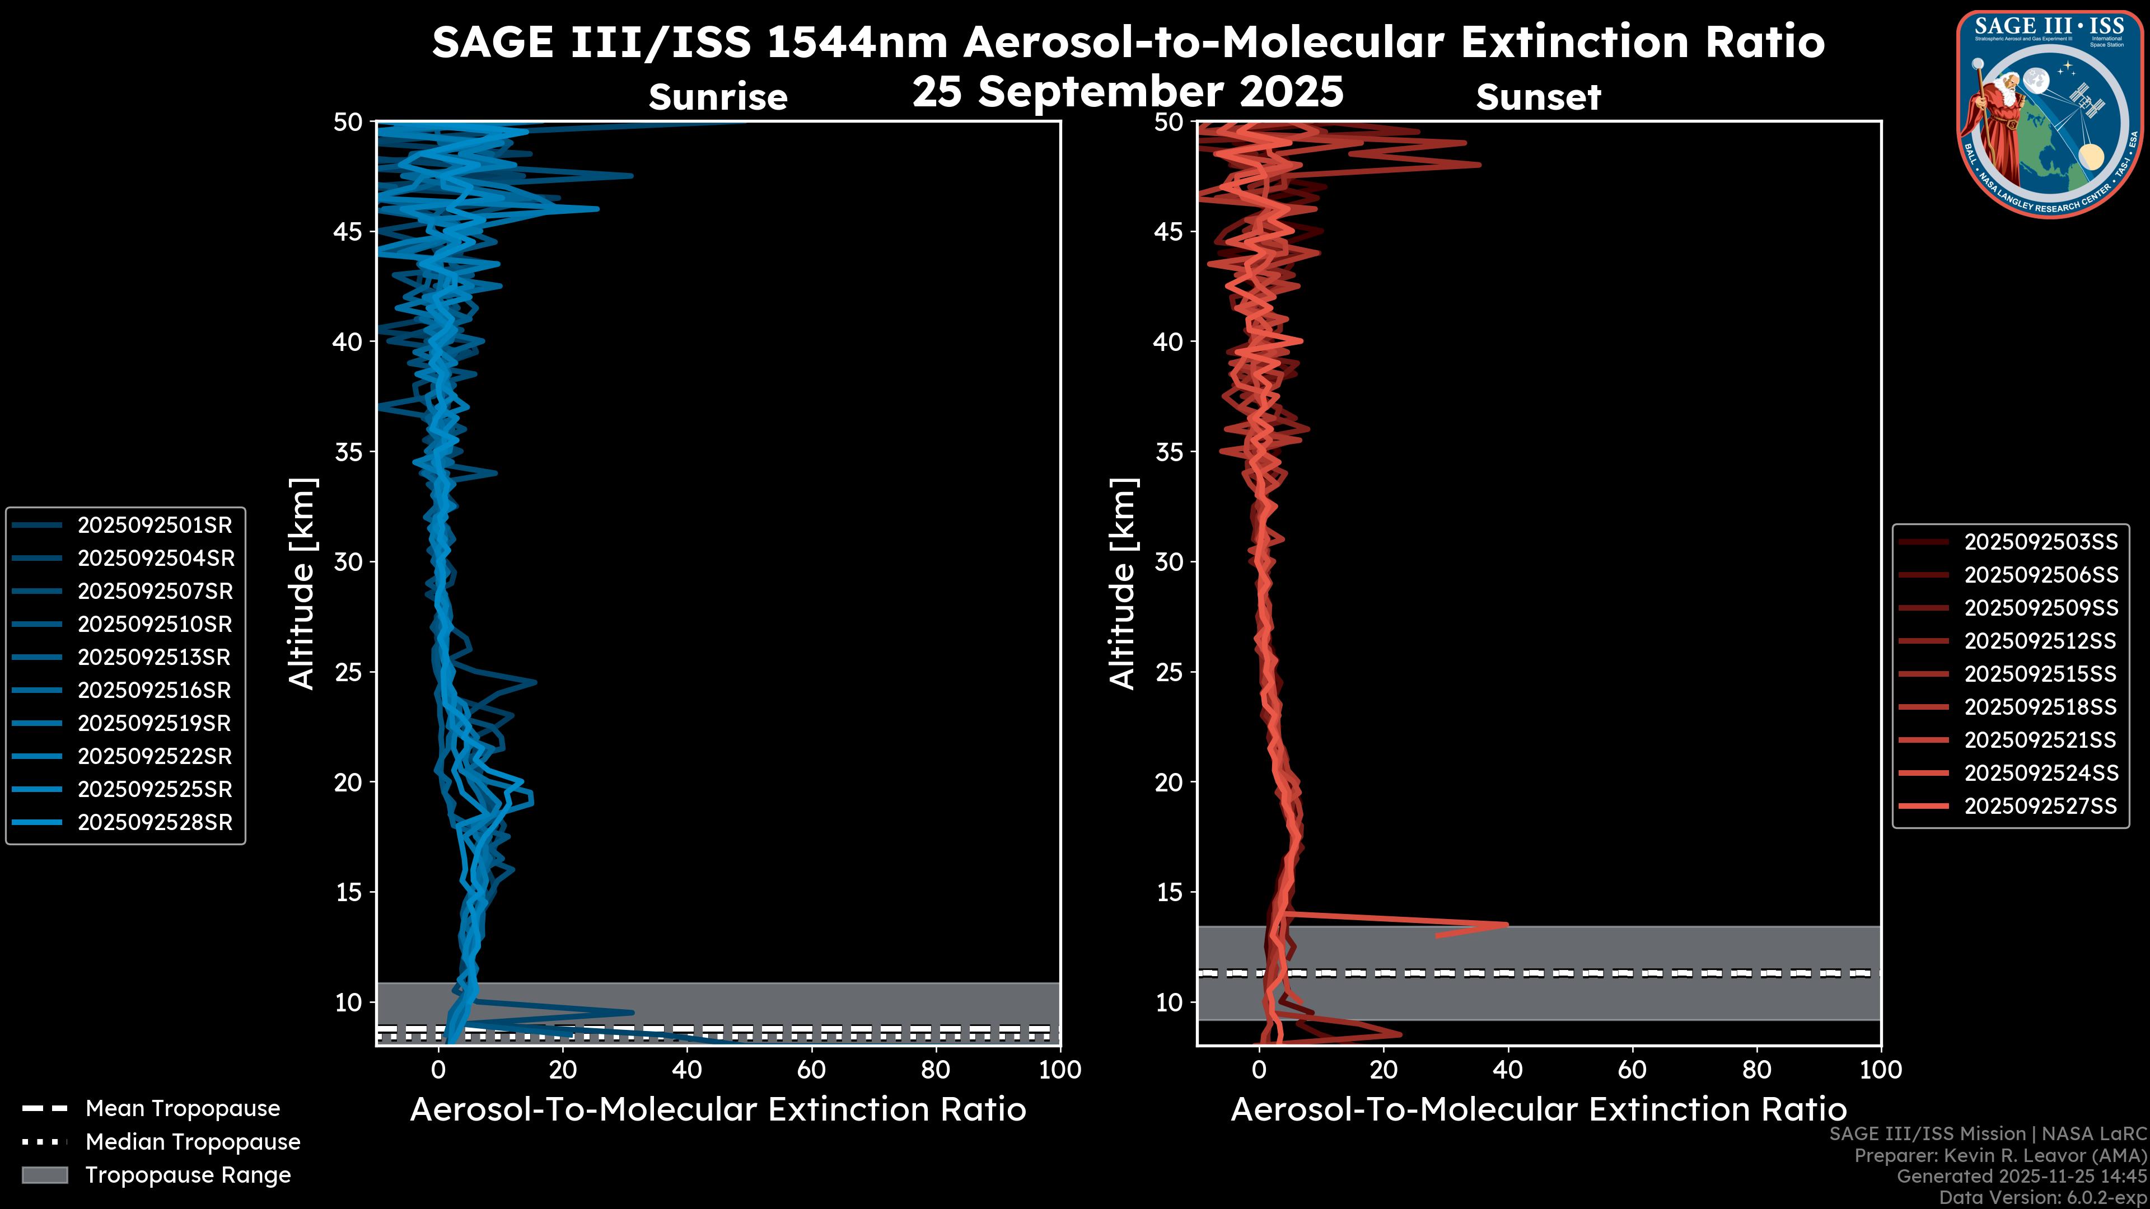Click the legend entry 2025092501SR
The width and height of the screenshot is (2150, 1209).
tap(155, 525)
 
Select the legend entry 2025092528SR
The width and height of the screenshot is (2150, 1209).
tap(155, 822)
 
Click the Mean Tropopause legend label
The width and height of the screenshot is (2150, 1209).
tap(182, 1108)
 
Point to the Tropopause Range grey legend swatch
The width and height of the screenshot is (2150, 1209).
tap(44, 1175)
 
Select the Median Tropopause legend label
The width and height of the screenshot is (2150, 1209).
tap(192, 1141)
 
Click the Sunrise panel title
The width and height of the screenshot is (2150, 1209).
tap(718, 97)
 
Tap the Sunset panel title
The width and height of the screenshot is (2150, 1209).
tap(1538, 97)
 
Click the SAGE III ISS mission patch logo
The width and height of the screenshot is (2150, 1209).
tap(2049, 113)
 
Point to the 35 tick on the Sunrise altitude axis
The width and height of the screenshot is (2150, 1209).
tap(348, 451)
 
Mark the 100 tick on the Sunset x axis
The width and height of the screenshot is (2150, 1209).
tap(1881, 1070)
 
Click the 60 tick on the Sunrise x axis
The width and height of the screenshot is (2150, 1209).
tap(811, 1070)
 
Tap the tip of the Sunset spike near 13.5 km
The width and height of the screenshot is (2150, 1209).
tap(1507, 924)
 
